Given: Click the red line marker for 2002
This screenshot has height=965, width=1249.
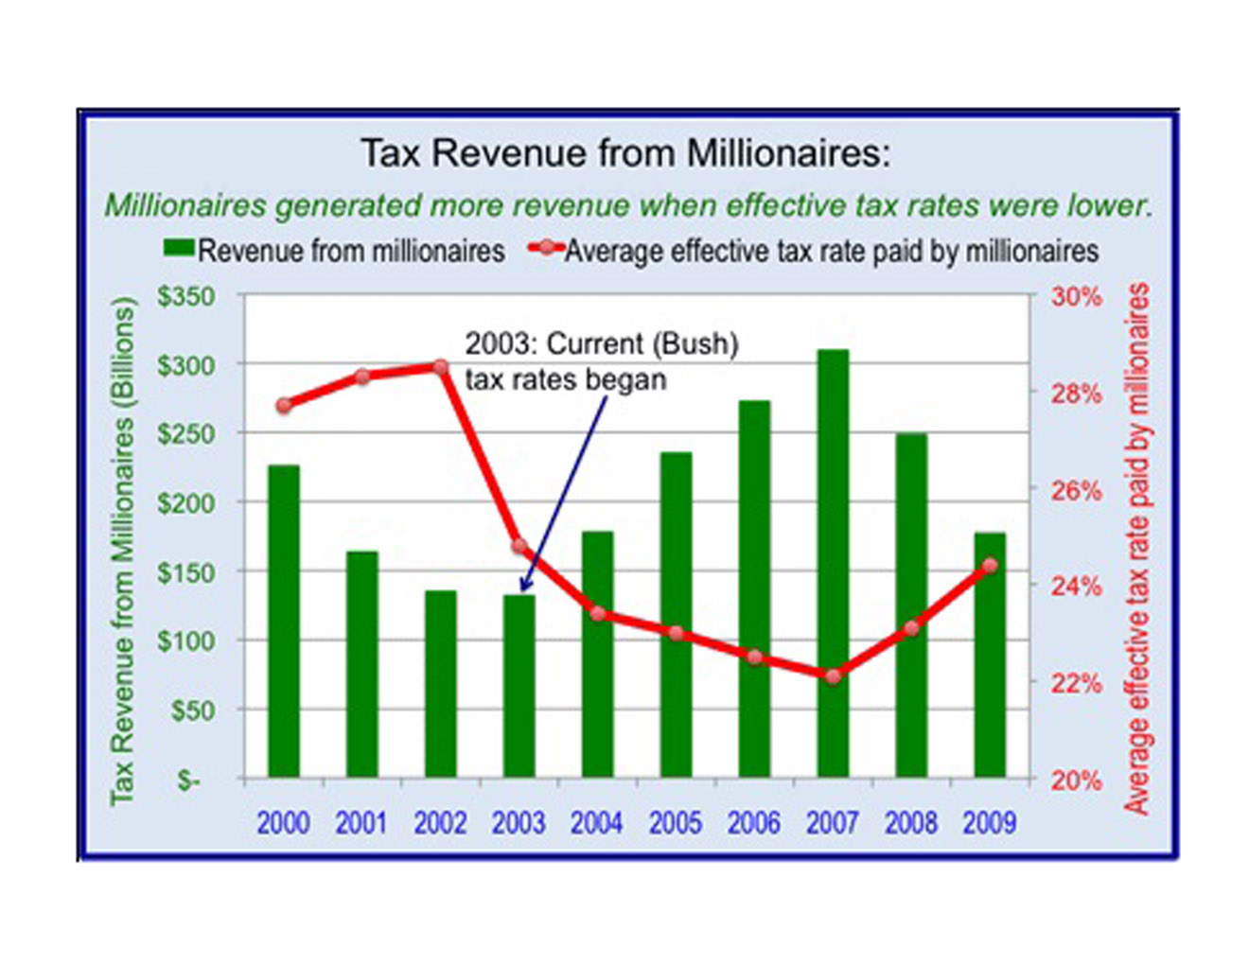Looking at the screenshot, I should click(441, 367).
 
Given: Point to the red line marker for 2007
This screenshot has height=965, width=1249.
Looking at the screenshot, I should click(833, 676).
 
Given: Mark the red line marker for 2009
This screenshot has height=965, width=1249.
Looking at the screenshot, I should click(990, 566).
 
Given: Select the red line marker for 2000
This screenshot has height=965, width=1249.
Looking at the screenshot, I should click(284, 406).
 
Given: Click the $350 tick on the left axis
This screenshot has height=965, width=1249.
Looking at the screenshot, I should click(185, 297).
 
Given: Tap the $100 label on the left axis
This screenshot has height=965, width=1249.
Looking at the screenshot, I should click(185, 641).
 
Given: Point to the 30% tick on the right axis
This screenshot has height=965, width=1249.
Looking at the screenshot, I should click(1077, 297).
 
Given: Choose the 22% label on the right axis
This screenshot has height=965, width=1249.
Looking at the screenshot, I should click(1077, 683).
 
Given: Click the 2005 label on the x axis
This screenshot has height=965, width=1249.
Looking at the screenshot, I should click(676, 823).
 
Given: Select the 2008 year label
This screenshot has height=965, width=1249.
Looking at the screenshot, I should click(911, 823).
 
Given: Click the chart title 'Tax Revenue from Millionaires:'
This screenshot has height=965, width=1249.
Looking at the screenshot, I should click(625, 153).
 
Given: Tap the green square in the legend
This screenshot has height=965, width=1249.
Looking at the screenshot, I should click(179, 248).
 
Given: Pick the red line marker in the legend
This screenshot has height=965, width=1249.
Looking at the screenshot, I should click(546, 248).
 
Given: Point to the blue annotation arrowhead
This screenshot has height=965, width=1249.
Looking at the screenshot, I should click(524, 587).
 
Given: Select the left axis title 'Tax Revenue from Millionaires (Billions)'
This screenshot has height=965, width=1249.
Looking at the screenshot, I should click(123, 551).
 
